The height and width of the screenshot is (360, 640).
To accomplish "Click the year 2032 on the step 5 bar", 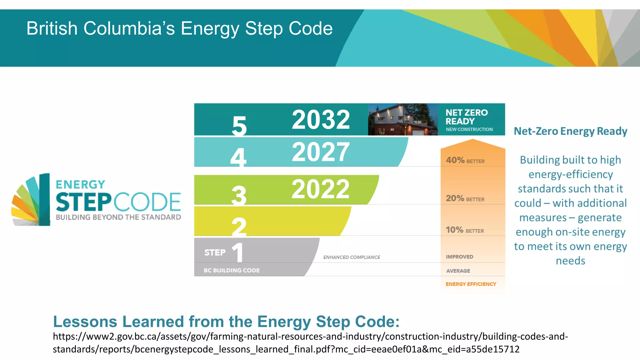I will click(321, 120).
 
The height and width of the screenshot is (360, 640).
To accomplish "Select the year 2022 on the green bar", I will click(320, 189).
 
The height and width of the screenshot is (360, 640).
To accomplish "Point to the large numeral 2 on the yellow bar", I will click(239, 227).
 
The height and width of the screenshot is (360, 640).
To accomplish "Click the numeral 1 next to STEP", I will click(238, 252).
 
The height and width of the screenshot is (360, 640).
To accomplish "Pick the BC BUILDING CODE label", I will click(232, 270).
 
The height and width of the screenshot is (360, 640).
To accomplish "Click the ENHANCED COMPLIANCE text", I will click(352, 257).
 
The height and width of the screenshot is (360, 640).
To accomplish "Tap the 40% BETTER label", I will click(465, 161).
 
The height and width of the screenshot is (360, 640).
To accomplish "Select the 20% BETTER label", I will click(465, 198).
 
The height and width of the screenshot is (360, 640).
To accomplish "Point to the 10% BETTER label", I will click(465, 230).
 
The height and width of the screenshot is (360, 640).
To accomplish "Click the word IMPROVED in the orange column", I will click(459, 257).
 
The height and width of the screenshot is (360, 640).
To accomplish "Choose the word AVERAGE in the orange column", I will click(458, 271).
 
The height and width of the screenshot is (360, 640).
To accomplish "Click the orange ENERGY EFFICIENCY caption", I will click(471, 284).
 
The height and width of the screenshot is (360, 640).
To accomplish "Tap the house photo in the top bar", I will click(403, 119).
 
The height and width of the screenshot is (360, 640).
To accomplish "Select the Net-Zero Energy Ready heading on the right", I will click(570, 131).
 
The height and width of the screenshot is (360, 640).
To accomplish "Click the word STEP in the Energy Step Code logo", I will click(83, 202).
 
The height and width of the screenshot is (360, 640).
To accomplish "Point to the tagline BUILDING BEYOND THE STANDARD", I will click(118, 217).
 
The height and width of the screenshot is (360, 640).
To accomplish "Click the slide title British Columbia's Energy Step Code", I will click(179, 28).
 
